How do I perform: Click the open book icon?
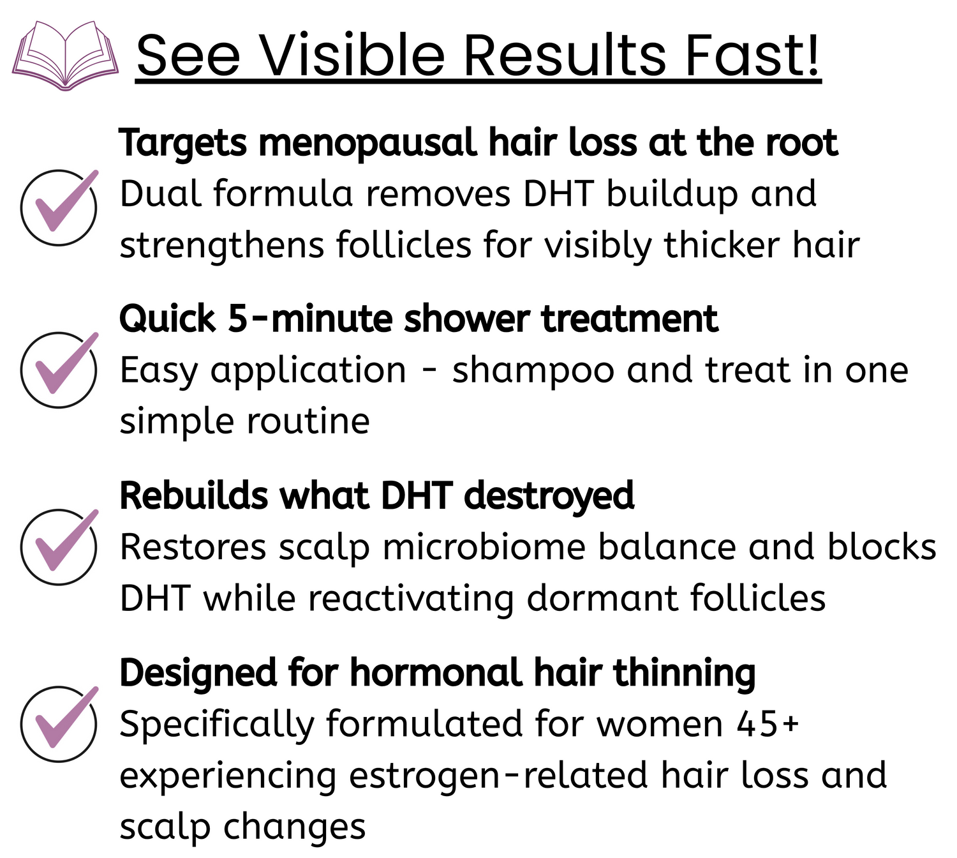[65, 56]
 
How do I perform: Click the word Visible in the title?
[352, 55]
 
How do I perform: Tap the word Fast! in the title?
[752, 55]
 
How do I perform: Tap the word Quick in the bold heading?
[168, 320]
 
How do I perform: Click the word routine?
[308, 421]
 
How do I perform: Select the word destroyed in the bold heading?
[549, 497]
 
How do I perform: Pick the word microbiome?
[484, 547]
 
